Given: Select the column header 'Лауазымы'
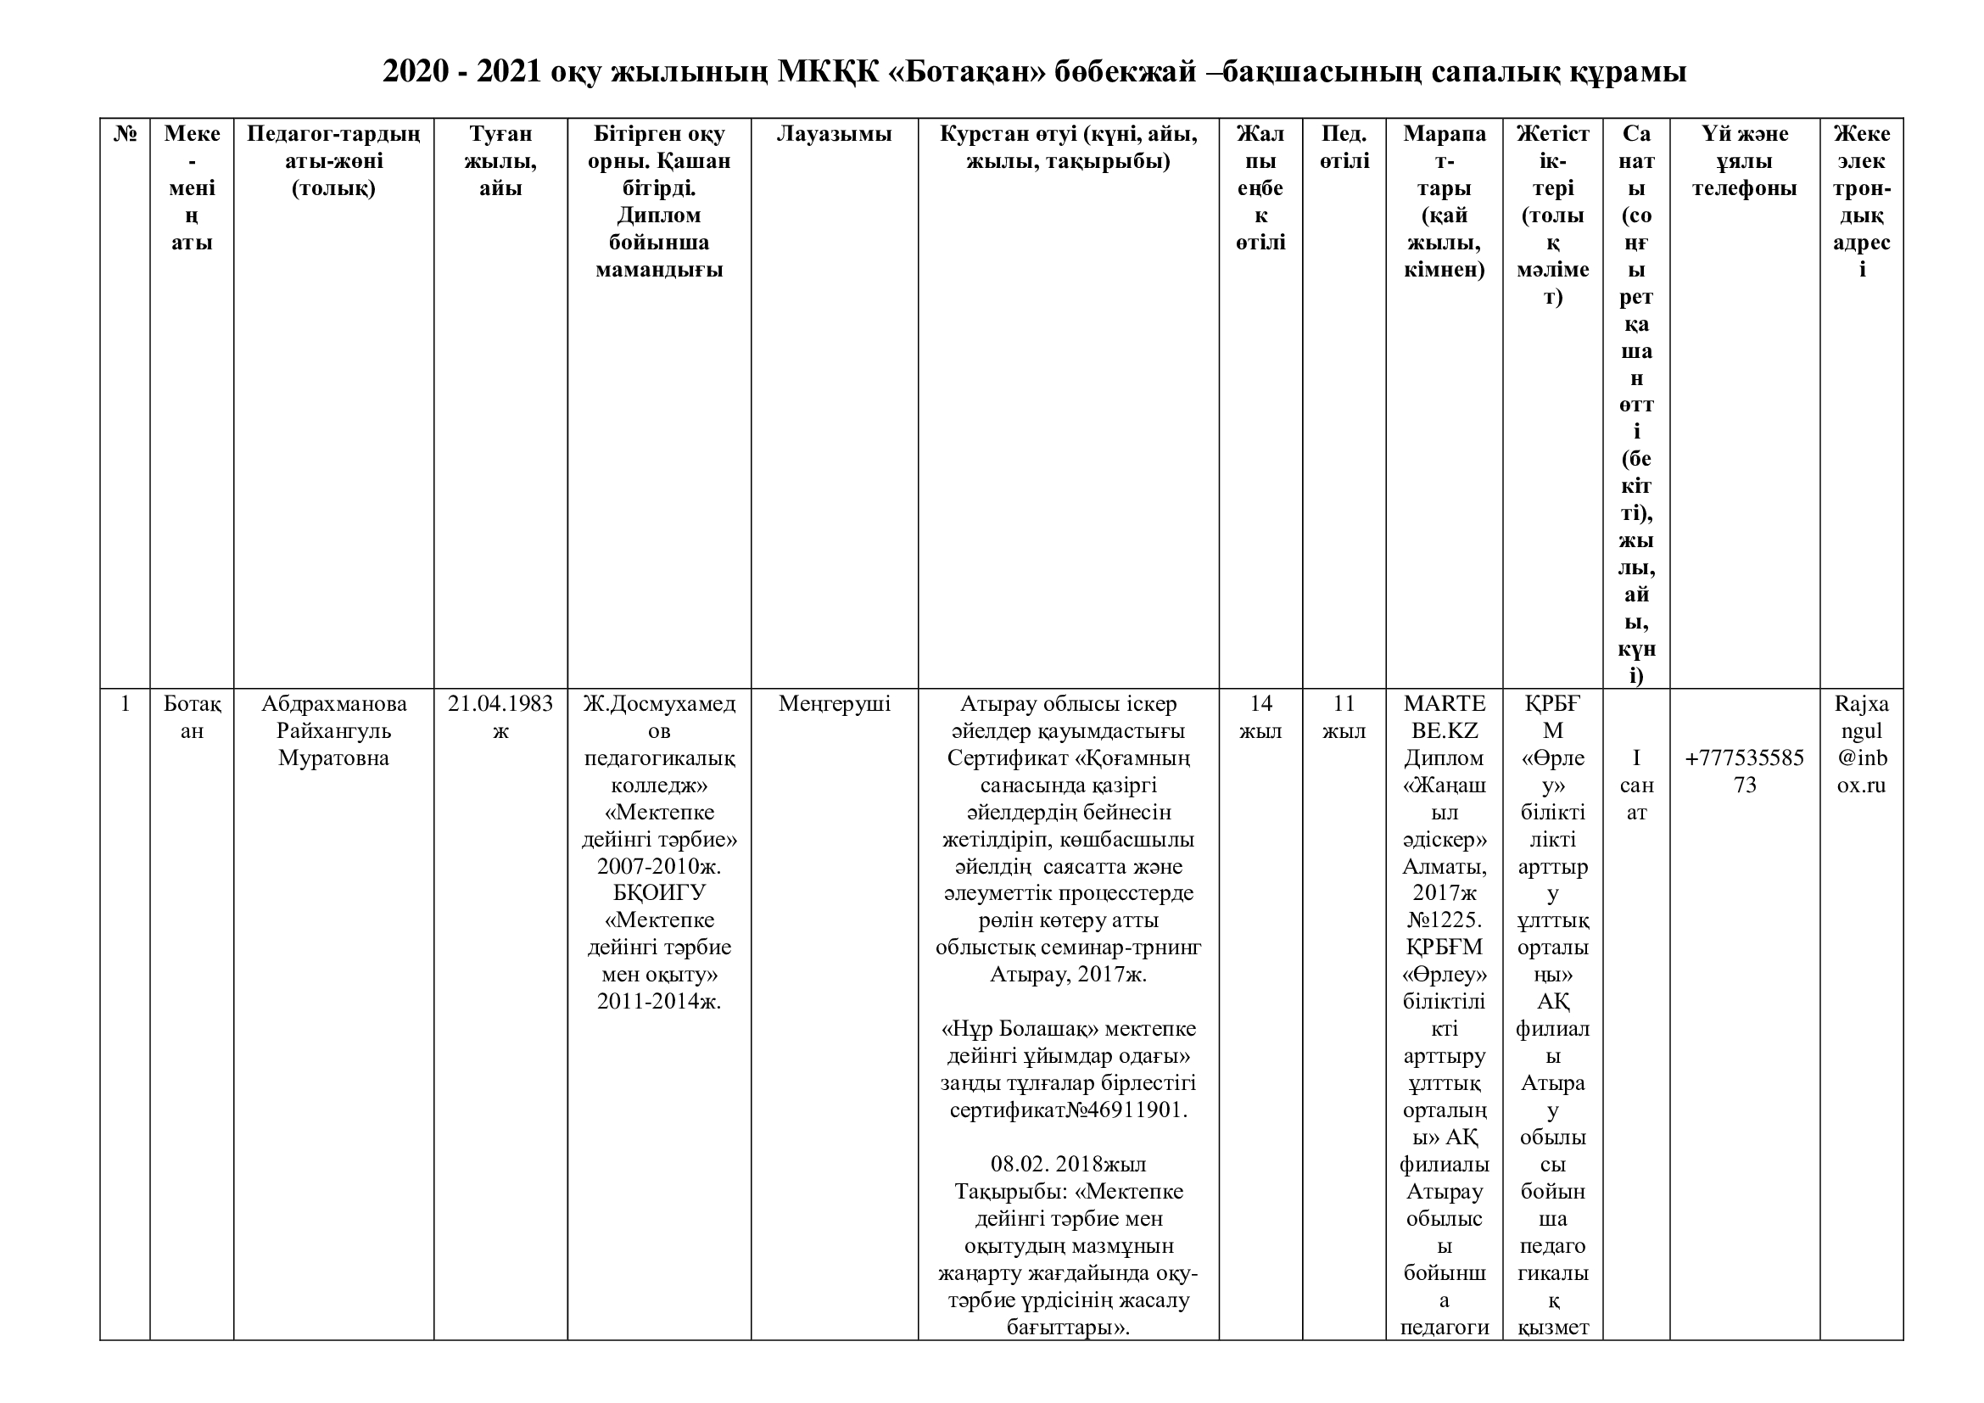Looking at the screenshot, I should click(834, 134).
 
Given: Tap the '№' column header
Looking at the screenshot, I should click(126, 134).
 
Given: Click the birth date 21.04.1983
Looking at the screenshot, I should click(500, 704).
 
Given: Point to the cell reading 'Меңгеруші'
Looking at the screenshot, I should click(834, 704).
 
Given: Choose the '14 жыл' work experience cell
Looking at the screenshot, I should click(1260, 717).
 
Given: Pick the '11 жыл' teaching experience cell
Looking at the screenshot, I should click(1344, 717).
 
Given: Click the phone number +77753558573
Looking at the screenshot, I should click(1745, 771).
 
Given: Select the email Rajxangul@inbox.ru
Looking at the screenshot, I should click(1861, 744).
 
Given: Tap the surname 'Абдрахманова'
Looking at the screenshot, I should click(333, 704).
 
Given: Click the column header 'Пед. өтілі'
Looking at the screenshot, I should click(1344, 147).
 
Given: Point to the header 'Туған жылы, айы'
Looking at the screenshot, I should click(500, 160).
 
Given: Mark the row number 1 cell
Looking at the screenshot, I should click(126, 704).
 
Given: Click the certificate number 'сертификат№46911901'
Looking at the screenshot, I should click(1068, 1110).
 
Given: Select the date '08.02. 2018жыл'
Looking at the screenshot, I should click(1068, 1165).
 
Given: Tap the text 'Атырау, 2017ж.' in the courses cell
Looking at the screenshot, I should click(1068, 975).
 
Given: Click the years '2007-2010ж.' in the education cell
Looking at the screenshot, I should click(658, 867).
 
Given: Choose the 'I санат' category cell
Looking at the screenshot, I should click(1635, 785).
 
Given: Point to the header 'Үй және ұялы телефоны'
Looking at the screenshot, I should click(1745, 160).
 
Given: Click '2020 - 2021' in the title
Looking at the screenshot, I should click(461, 72).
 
